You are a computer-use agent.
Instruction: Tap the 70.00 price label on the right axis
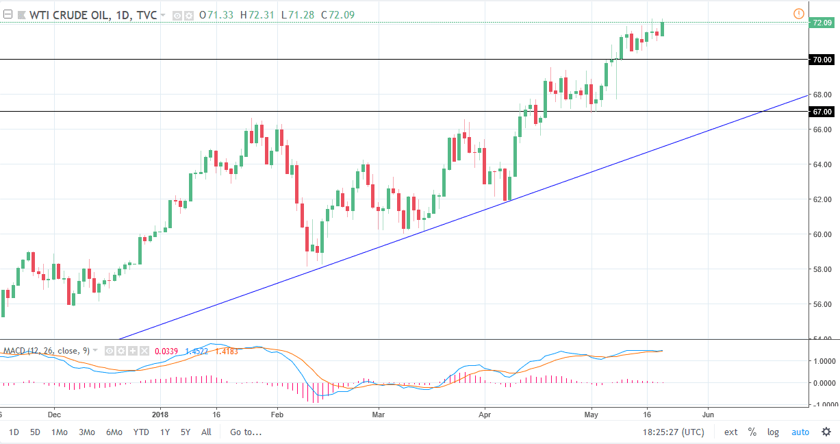(x=821, y=60)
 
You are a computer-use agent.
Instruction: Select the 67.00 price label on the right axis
(x=821, y=112)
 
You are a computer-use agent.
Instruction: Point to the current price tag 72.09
(x=821, y=23)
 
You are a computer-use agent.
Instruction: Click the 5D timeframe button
(x=36, y=432)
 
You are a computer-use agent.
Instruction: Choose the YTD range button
(x=141, y=432)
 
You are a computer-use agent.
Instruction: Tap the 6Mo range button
(x=114, y=432)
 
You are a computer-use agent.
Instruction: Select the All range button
(x=206, y=432)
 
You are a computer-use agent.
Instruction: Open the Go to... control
(x=246, y=432)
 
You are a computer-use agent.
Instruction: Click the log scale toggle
(x=773, y=432)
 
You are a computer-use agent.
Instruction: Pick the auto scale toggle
(x=800, y=432)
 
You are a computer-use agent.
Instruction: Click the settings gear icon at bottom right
(x=826, y=432)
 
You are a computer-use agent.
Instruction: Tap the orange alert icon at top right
(x=798, y=14)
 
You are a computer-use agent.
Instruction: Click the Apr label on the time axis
(x=485, y=415)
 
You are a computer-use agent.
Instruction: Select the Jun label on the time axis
(x=708, y=415)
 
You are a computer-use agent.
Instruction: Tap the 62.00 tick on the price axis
(x=821, y=199)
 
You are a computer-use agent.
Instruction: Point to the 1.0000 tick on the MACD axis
(x=821, y=361)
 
